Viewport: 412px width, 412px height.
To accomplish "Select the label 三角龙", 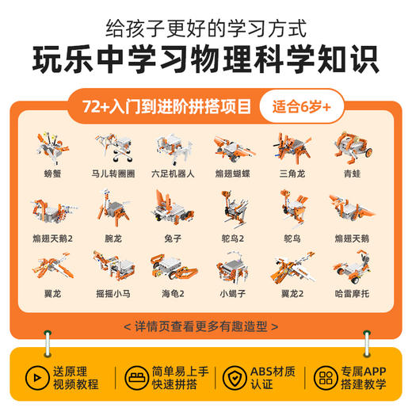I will coord(288,171).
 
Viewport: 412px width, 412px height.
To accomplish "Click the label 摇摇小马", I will coord(112,301).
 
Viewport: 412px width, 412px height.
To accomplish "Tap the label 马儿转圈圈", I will coord(112,171).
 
